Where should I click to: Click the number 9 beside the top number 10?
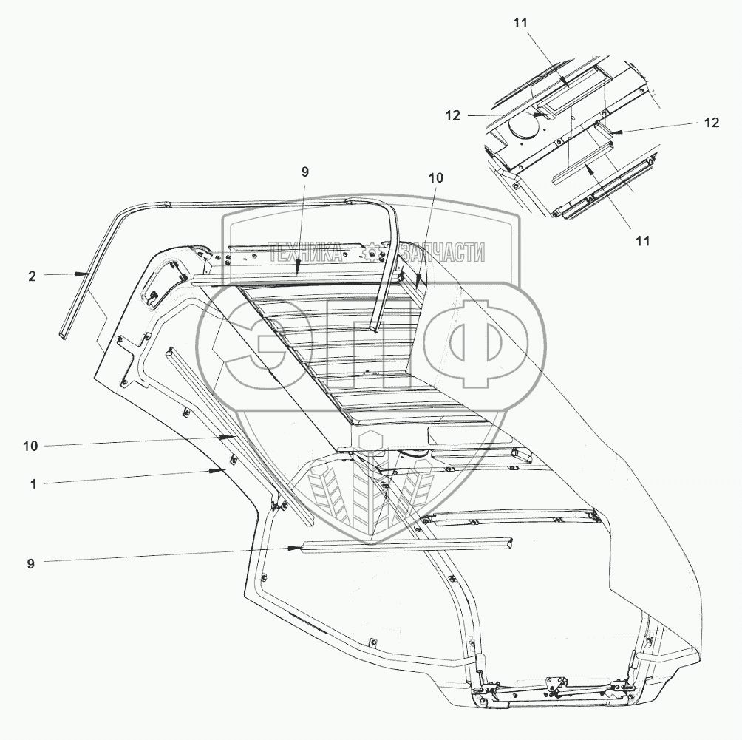click(305, 172)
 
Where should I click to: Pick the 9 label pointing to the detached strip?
click(30, 563)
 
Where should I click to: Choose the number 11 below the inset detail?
click(643, 240)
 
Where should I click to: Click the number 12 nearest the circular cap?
click(453, 115)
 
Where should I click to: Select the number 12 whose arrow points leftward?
click(710, 123)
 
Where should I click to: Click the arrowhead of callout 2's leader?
click(88, 274)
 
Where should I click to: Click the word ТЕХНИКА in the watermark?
click(304, 253)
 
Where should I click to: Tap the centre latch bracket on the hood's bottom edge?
click(552, 685)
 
